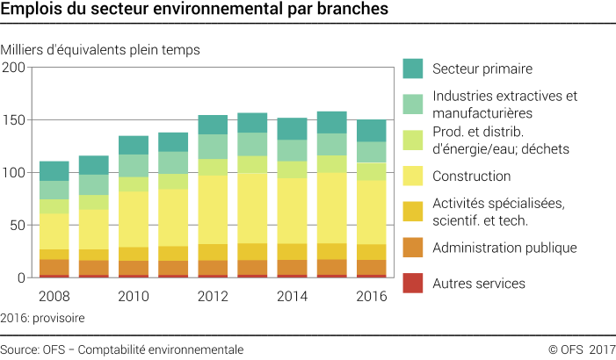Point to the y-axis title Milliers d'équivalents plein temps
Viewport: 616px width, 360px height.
[101, 50]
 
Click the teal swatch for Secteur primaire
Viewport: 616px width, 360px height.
[414, 68]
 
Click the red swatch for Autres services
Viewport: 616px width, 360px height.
[414, 284]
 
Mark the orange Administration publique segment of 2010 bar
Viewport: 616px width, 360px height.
[134, 267]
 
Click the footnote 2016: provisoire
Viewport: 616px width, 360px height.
[43, 317]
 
